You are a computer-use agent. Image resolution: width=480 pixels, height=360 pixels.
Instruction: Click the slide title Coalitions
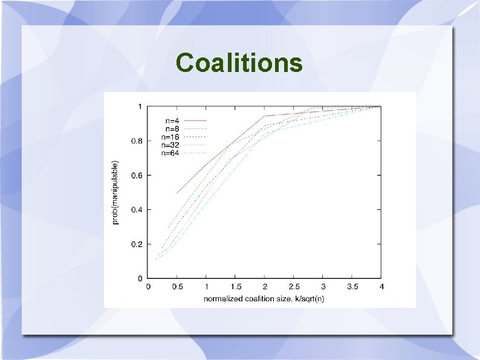(x=239, y=62)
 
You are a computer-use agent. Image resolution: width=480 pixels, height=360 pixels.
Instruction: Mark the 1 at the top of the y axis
(x=140, y=106)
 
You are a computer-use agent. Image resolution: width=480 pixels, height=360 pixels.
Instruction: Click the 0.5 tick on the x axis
(x=178, y=287)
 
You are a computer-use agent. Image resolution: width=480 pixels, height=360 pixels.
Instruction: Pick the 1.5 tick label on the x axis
(x=236, y=287)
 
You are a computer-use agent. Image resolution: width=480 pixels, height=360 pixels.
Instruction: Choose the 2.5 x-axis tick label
(x=294, y=287)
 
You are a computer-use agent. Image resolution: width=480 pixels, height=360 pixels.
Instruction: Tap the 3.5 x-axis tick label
(x=352, y=287)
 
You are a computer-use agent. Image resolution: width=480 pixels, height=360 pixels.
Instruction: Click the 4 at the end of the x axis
(x=381, y=287)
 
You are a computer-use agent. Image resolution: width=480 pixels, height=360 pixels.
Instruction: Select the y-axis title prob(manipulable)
(x=116, y=192)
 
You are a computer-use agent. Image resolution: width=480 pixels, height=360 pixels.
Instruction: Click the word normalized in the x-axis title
(x=222, y=298)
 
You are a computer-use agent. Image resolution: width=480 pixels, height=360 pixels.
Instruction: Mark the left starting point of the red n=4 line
(x=177, y=193)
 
